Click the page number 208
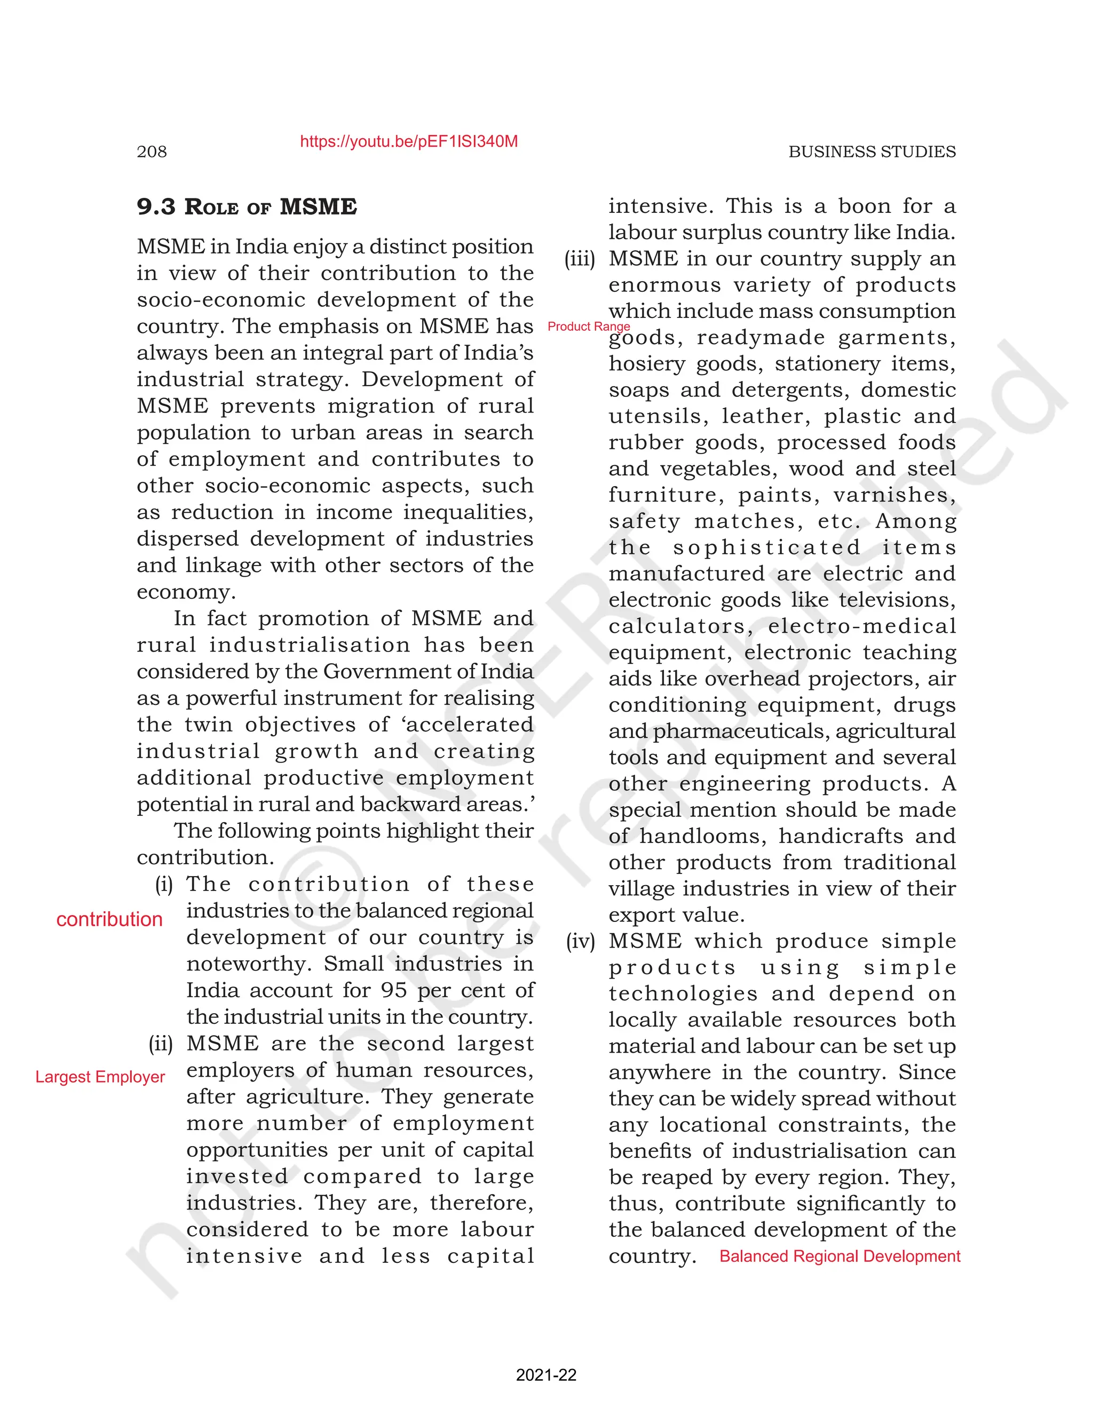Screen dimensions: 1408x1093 pyautogui.click(x=152, y=152)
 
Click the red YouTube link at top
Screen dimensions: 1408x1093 pyautogui.click(x=409, y=142)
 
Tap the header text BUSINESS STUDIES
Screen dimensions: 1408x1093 pyautogui.click(x=872, y=152)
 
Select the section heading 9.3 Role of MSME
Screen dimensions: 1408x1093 pyautogui.click(x=247, y=207)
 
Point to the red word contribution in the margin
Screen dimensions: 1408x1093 pyautogui.click(x=109, y=919)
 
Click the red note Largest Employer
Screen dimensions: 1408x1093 pyautogui.click(x=100, y=1077)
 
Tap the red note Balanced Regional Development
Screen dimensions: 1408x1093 pyautogui.click(x=839, y=1256)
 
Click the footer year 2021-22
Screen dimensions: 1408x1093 pyautogui.click(x=546, y=1375)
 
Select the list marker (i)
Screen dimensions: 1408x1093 pyautogui.click(x=164, y=884)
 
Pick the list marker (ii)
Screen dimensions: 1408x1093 pyautogui.click(x=161, y=1043)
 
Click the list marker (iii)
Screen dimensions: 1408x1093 pyautogui.click(x=580, y=259)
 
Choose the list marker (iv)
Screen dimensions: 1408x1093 pyautogui.click(x=580, y=941)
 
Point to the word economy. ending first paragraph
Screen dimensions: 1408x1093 pyautogui.click(x=186, y=592)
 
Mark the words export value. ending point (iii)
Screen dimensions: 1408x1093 pyautogui.click(x=676, y=915)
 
